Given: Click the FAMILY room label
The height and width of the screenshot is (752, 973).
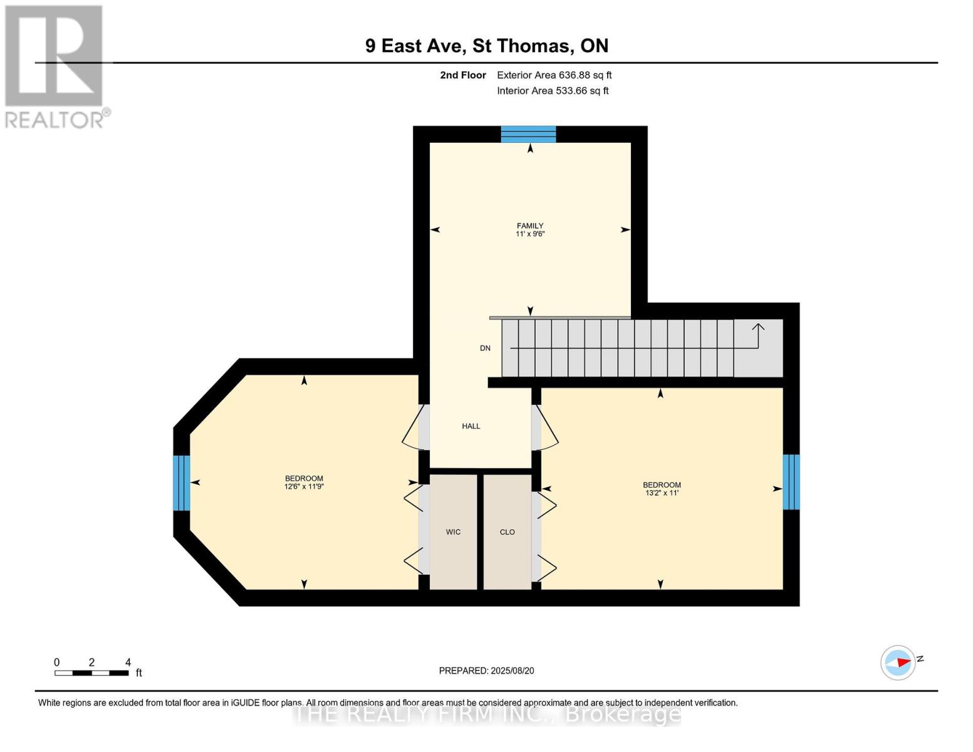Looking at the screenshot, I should click(x=529, y=226).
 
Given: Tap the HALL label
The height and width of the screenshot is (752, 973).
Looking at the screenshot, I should click(x=471, y=426).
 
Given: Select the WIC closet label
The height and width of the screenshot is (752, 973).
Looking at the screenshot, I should click(x=453, y=532).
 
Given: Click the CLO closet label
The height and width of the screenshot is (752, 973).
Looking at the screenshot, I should click(x=507, y=532).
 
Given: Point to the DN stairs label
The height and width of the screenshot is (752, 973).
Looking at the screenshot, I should click(x=485, y=348).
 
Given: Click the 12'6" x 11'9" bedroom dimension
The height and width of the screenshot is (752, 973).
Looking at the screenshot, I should click(x=304, y=487).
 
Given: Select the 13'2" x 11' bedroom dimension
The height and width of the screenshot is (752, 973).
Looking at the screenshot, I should click(x=662, y=493).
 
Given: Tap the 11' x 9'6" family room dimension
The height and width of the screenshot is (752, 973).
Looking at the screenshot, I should click(x=529, y=234).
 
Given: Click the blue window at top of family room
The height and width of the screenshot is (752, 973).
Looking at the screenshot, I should click(x=528, y=134).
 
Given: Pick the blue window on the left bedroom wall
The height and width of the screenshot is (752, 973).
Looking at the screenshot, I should click(x=181, y=483).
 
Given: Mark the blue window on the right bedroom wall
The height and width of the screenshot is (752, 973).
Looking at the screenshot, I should click(x=791, y=482).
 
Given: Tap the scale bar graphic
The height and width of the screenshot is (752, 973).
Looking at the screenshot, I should click(x=91, y=673).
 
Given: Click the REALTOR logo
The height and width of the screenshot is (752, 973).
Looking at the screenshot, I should click(x=55, y=66).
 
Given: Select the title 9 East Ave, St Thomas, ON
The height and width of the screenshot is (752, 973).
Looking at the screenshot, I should click(x=487, y=46).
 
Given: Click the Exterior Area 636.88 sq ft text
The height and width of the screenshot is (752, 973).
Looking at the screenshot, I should click(x=554, y=75).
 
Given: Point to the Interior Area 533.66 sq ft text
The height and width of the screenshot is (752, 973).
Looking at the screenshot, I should click(x=553, y=91).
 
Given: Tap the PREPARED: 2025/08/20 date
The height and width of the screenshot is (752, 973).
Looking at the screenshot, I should click(x=486, y=671).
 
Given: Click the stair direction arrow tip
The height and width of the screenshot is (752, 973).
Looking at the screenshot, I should click(x=758, y=325).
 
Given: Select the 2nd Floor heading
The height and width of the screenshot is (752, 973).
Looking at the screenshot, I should click(x=463, y=75).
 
